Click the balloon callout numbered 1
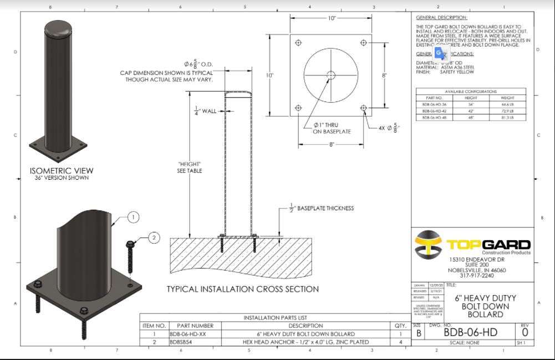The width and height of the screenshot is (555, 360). (x=133, y=217)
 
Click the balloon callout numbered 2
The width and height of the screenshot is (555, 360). (x=154, y=238)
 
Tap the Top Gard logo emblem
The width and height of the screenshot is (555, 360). (x=429, y=245)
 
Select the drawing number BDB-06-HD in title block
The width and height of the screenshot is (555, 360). (x=470, y=332)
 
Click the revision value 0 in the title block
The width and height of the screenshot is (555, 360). (x=525, y=332)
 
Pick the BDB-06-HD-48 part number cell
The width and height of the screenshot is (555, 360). (x=434, y=118)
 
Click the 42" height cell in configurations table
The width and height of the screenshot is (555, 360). (x=471, y=111)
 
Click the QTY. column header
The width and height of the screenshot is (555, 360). (x=401, y=326)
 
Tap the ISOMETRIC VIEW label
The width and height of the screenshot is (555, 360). (x=62, y=171)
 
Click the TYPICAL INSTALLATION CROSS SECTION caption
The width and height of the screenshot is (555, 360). (x=243, y=289)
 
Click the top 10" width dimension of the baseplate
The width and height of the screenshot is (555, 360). (x=332, y=18)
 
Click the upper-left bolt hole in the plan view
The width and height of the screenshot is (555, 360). (x=299, y=43)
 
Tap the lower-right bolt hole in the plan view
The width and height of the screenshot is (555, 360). (x=363, y=108)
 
